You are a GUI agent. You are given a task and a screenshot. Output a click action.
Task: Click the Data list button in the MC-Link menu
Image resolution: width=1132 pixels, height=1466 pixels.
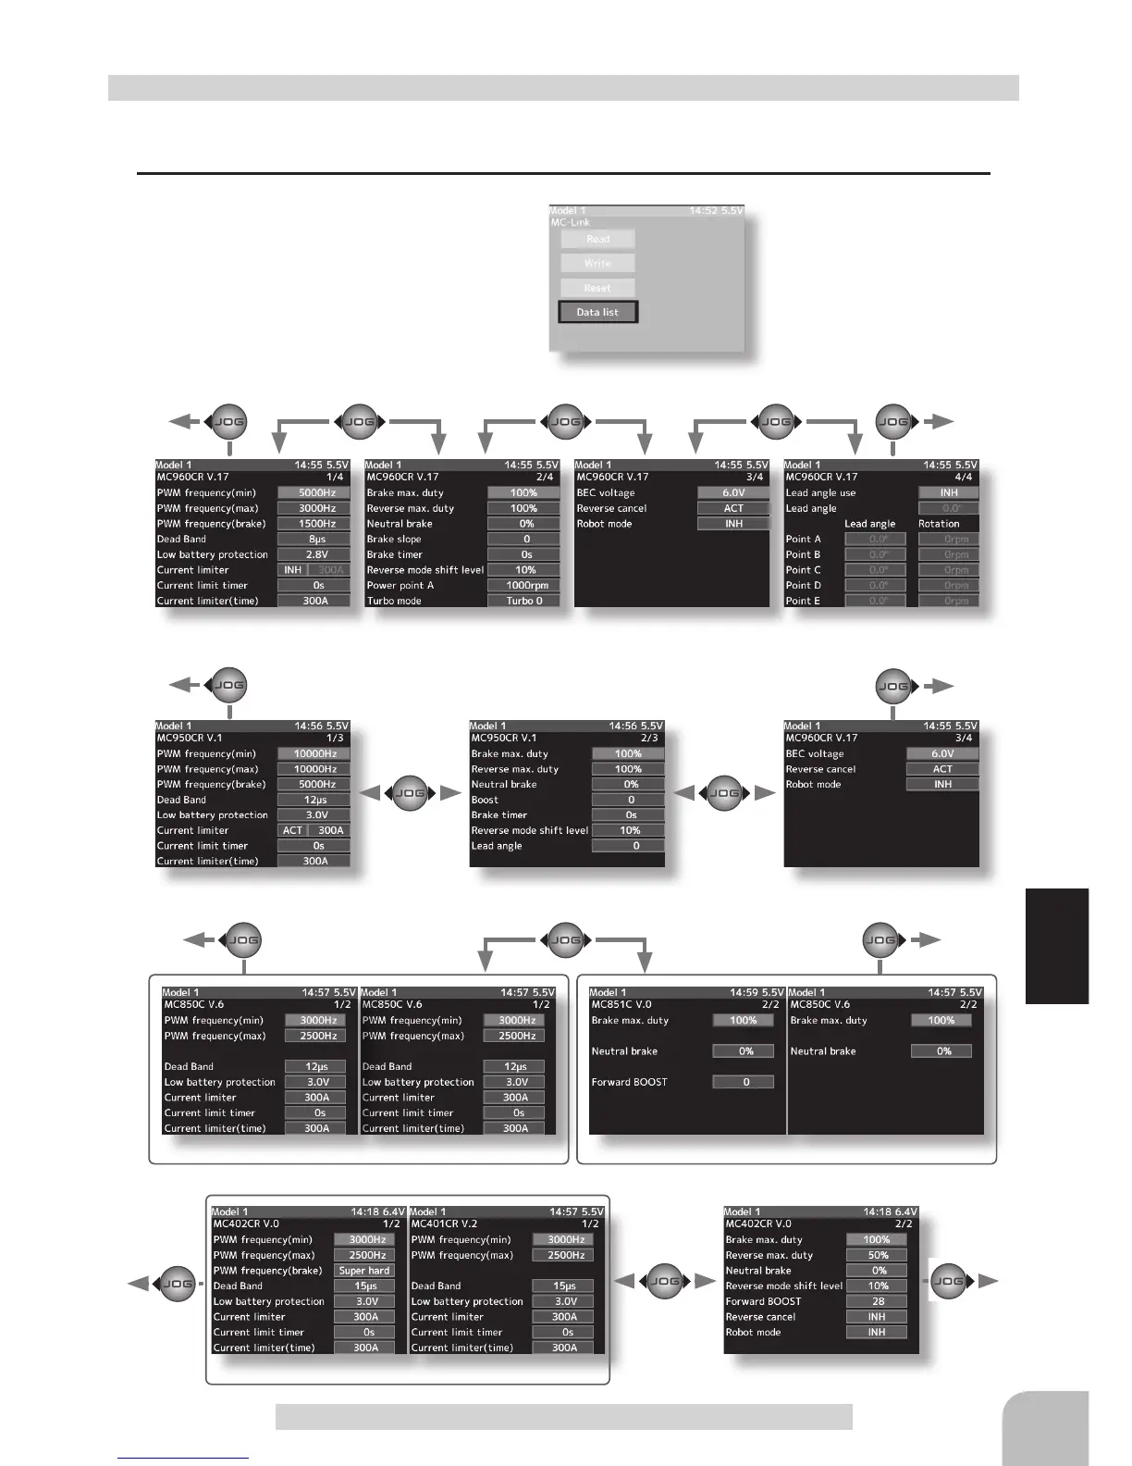click(x=597, y=312)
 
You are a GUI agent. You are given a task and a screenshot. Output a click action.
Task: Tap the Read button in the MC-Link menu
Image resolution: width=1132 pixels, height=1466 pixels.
click(x=597, y=239)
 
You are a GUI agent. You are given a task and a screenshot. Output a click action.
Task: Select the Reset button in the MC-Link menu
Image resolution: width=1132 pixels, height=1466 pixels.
click(x=597, y=288)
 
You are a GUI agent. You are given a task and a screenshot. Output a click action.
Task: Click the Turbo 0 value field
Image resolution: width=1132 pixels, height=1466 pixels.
click(x=523, y=601)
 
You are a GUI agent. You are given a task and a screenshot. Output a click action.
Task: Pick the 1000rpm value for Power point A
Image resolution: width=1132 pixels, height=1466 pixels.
click(x=523, y=585)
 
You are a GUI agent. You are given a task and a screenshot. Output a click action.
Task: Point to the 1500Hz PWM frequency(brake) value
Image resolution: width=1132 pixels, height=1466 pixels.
click(x=314, y=524)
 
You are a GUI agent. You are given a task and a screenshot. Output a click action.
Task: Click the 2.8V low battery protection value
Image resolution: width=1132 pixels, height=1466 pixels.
click(x=314, y=554)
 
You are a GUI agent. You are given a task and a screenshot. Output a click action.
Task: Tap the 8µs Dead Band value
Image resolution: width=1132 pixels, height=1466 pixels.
click(x=314, y=539)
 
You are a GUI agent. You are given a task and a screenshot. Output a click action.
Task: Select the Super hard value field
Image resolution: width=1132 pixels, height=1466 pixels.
click(x=364, y=1271)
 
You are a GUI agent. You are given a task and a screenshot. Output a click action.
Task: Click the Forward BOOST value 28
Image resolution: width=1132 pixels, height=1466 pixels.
click(x=877, y=1301)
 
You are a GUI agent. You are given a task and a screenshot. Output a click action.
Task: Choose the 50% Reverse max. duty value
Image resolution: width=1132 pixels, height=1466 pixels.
click(x=877, y=1255)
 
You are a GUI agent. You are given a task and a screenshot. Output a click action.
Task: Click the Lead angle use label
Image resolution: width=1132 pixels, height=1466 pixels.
click(x=820, y=493)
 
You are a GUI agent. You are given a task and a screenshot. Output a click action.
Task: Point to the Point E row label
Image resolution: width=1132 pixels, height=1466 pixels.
click(x=803, y=601)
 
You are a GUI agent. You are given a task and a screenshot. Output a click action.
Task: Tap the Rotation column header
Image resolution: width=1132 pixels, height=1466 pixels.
click(x=939, y=524)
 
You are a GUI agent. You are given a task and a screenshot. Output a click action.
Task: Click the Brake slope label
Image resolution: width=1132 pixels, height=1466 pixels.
click(x=394, y=539)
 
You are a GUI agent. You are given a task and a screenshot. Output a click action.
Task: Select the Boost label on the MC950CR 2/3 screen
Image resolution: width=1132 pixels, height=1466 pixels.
click(x=485, y=800)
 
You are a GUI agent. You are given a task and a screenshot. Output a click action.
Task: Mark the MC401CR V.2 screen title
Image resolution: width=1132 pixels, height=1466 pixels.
click(x=444, y=1224)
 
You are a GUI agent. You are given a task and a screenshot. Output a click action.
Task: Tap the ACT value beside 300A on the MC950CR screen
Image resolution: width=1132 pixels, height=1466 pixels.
click(x=293, y=830)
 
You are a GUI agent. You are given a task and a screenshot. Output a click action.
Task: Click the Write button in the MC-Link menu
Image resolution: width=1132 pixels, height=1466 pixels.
click(x=597, y=263)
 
